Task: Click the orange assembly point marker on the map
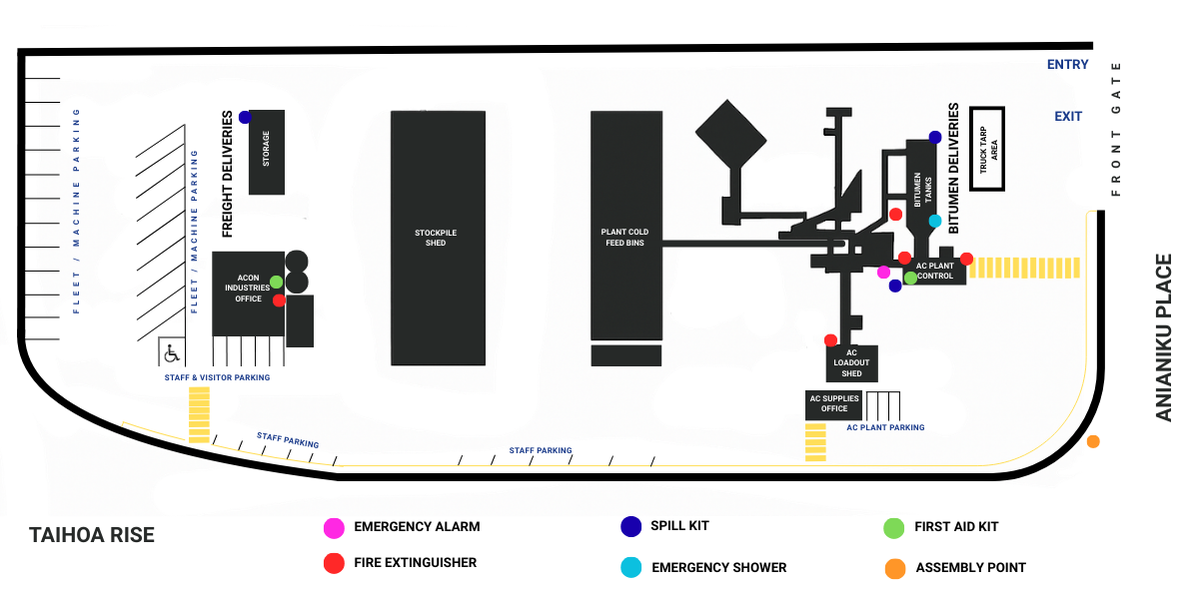tap(1093, 441)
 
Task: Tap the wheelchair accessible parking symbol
tap(171, 352)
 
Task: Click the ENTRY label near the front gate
tap(1067, 65)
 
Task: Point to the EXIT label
tap(1068, 117)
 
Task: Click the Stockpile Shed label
tap(436, 238)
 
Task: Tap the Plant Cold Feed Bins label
tap(624, 238)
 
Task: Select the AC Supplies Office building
tap(834, 403)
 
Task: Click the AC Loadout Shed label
tap(851, 363)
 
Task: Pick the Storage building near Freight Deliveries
tap(266, 152)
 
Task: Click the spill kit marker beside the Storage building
tap(245, 117)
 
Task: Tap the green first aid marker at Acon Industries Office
tap(276, 282)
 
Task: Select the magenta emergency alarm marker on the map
tap(883, 273)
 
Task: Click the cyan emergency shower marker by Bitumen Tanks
tap(935, 221)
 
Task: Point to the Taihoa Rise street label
tap(92, 535)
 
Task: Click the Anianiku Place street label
tap(1163, 337)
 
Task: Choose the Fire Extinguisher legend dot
tap(334, 563)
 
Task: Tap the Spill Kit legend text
tap(679, 525)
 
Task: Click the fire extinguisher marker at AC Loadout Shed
tap(830, 340)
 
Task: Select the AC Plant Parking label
tap(885, 427)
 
